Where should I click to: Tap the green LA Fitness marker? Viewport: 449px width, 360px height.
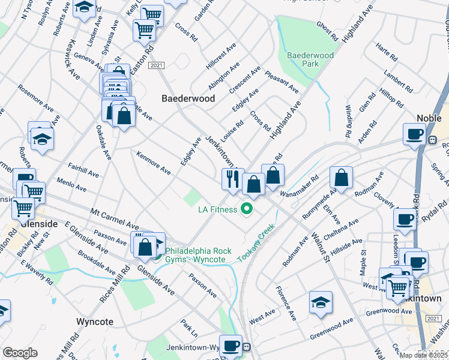point(246,209)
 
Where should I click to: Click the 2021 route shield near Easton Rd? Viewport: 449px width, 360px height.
point(156,65)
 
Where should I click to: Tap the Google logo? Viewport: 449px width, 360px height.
point(20,353)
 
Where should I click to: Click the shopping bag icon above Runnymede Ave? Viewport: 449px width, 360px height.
point(341,178)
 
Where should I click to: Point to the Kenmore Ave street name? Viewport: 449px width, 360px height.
point(154,163)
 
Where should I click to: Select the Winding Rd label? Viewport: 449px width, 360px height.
point(348,121)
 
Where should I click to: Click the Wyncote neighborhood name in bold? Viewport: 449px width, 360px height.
point(95,322)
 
